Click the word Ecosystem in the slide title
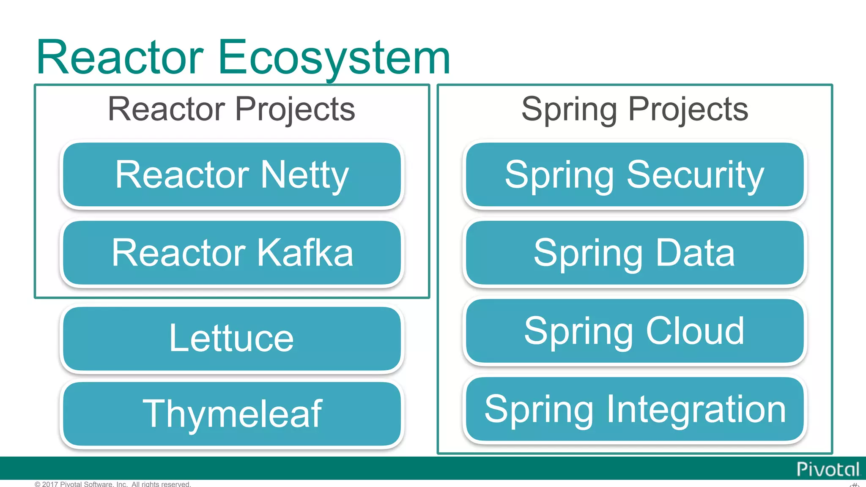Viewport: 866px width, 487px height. pyautogui.click(x=334, y=57)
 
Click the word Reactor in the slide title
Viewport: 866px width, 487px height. pyautogui.click(x=121, y=57)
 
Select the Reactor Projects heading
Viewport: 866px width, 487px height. pyautogui.click(x=231, y=109)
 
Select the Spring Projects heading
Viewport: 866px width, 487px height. pyautogui.click(x=635, y=109)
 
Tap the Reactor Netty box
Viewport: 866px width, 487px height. pyautogui.click(x=232, y=175)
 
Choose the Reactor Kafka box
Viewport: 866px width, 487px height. pyautogui.click(x=232, y=253)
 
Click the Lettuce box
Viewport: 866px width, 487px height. pyautogui.click(x=232, y=339)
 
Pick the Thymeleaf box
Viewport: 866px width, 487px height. pyautogui.click(x=232, y=414)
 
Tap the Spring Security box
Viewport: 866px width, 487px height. pyautogui.click(x=635, y=175)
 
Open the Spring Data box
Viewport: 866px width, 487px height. pyautogui.click(x=635, y=253)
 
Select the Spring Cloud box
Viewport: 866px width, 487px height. pyautogui.click(x=635, y=331)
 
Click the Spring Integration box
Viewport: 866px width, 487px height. pyautogui.click(x=635, y=409)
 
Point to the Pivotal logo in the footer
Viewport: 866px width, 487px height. pyautogui.click(x=828, y=469)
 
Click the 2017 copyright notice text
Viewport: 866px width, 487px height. pyautogui.click(x=113, y=484)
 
